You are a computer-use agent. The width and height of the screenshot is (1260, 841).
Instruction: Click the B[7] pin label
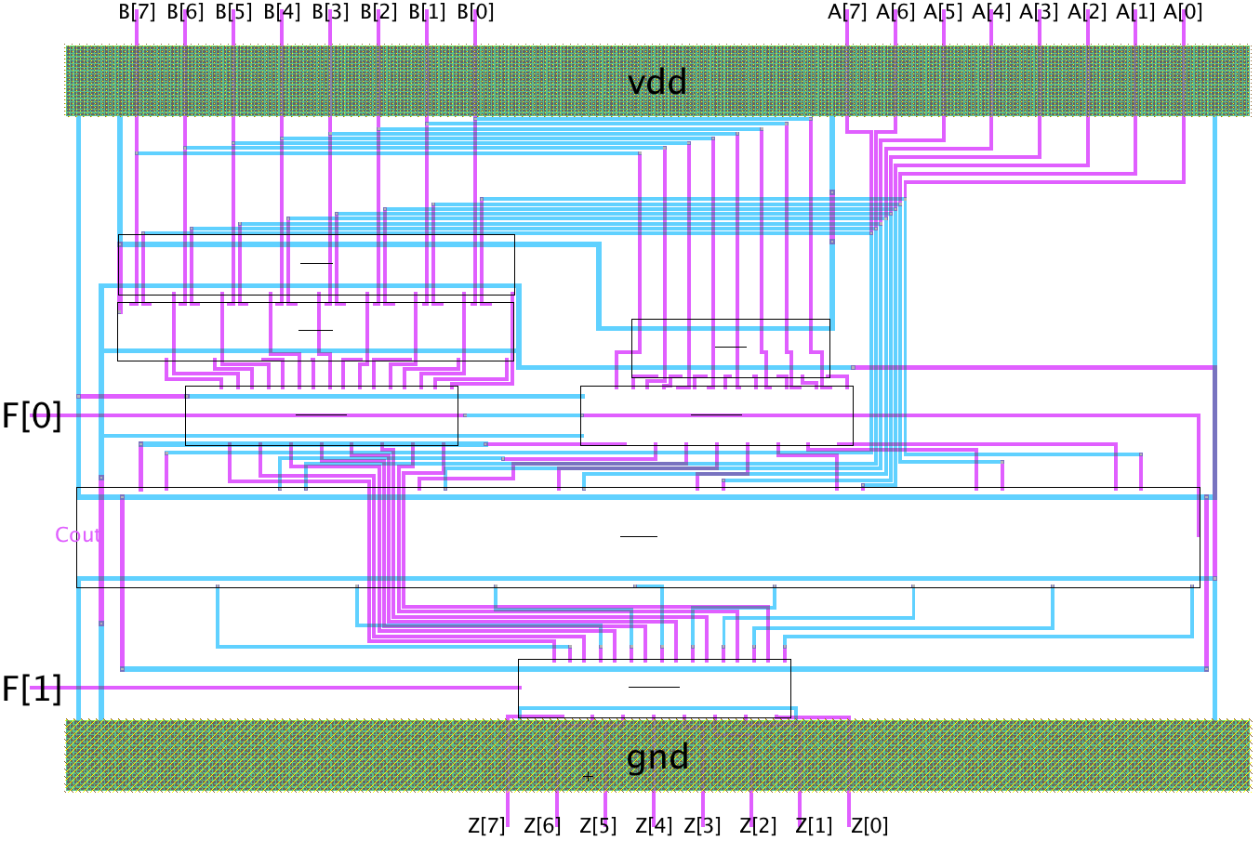[x=137, y=12]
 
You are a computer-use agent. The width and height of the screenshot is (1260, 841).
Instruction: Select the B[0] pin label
[x=475, y=12]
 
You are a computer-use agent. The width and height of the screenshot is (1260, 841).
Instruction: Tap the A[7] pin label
[x=847, y=12]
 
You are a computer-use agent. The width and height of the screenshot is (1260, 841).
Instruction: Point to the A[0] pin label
[x=1183, y=12]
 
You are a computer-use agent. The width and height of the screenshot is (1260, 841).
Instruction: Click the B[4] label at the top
[x=282, y=12]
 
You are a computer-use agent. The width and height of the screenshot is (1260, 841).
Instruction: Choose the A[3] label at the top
[x=1039, y=12]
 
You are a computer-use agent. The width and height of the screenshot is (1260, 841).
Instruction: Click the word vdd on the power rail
[x=657, y=83]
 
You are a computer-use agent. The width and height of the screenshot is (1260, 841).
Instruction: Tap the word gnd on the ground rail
[x=657, y=757]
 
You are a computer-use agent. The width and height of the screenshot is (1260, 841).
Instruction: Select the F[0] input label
[x=32, y=416]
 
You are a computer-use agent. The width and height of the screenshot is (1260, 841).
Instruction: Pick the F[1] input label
[x=32, y=690]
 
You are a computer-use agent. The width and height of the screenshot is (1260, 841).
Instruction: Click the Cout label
[x=77, y=535]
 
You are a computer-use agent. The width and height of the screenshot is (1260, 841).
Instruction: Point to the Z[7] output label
[x=486, y=825]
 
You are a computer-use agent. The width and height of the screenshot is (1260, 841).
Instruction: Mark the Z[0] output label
[x=869, y=825]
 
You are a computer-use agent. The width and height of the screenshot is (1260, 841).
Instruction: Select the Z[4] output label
[x=654, y=825]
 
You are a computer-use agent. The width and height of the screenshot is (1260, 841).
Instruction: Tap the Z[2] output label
[x=758, y=825]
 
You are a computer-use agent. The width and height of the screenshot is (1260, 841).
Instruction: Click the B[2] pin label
[x=378, y=12]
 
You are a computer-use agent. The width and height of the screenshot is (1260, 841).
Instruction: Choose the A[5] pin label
[x=943, y=12]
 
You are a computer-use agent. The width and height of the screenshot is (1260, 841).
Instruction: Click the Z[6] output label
[x=542, y=825]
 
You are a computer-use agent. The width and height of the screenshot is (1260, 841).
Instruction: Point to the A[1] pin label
[x=1135, y=12]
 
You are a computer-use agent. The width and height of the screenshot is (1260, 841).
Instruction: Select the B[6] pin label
[x=185, y=12]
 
